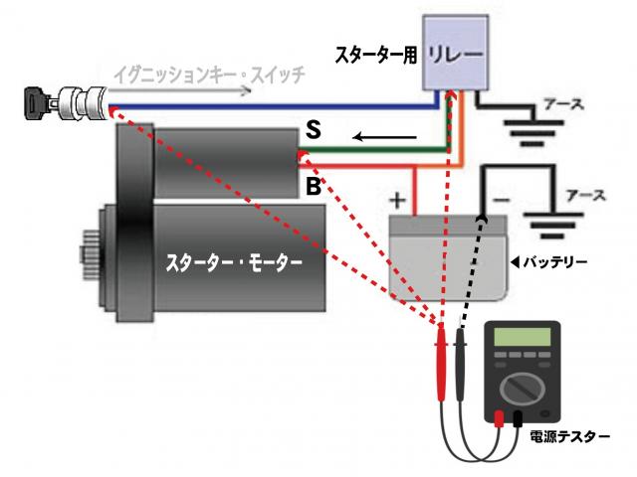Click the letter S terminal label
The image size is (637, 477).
(x=313, y=129)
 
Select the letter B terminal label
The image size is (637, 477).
(x=313, y=186)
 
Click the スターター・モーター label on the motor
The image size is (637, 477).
(x=234, y=263)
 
